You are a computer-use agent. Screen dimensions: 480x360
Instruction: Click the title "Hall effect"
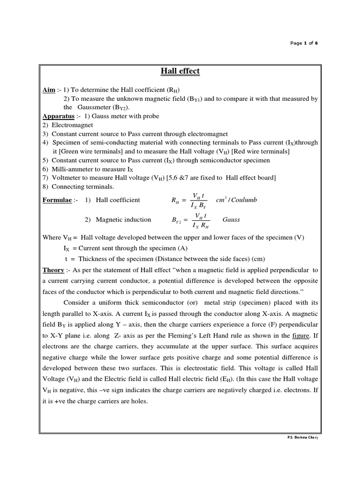180,71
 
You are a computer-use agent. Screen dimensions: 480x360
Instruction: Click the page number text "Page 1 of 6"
304,43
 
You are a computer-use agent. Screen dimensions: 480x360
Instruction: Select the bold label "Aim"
49,90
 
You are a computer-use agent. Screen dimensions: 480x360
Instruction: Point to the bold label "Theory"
53,270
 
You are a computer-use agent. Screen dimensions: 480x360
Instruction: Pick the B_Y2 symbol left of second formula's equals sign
177,220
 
